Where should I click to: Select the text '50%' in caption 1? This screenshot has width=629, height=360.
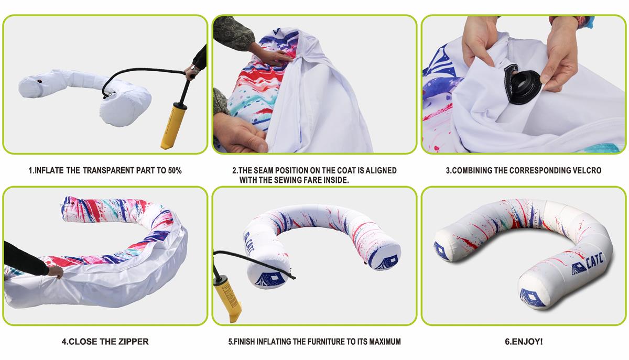175,170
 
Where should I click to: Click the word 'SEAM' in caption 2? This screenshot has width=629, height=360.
263,170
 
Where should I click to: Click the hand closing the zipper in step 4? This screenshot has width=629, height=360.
56,272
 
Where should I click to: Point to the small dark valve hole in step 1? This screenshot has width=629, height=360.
40,81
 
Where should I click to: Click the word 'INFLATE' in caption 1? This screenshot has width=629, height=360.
49,170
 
